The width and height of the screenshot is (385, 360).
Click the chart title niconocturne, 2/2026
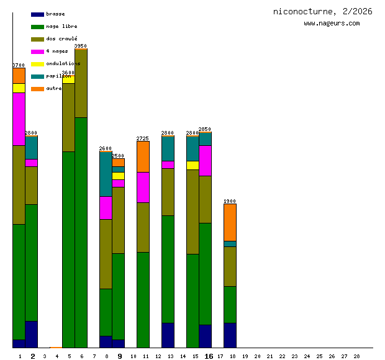click(x=322, y=11)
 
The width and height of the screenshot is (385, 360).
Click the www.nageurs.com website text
click(x=332, y=23)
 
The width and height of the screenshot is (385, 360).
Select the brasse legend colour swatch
click(x=37, y=14)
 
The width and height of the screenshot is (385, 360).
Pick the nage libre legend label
click(x=61, y=26)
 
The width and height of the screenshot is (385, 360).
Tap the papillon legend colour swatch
click(x=37, y=76)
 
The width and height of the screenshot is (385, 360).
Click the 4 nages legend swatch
click(x=37, y=52)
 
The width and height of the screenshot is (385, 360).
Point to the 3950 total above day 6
click(x=81, y=46)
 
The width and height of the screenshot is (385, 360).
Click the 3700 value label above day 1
click(x=19, y=65)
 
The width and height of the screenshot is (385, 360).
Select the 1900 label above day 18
click(x=230, y=201)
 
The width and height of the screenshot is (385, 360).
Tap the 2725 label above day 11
click(x=143, y=138)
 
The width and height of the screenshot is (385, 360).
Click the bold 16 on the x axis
click(x=209, y=356)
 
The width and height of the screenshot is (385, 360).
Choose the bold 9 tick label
click(x=120, y=356)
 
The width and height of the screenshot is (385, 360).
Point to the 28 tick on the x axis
click(x=356, y=356)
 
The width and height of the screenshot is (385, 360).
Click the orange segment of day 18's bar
click(x=230, y=222)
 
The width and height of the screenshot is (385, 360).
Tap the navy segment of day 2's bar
click(x=31, y=334)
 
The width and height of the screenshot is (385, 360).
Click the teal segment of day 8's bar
click(x=106, y=174)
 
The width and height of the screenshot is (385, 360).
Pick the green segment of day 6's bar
click(x=81, y=233)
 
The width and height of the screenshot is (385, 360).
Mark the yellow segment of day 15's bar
click(x=192, y=165)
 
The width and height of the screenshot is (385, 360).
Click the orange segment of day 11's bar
click(x=143, y=156)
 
